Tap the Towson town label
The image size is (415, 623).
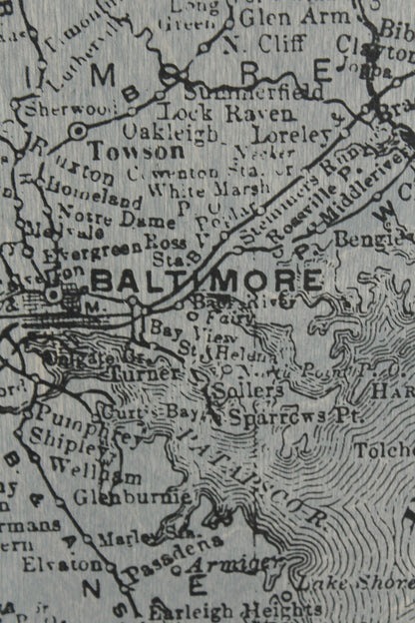136,152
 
